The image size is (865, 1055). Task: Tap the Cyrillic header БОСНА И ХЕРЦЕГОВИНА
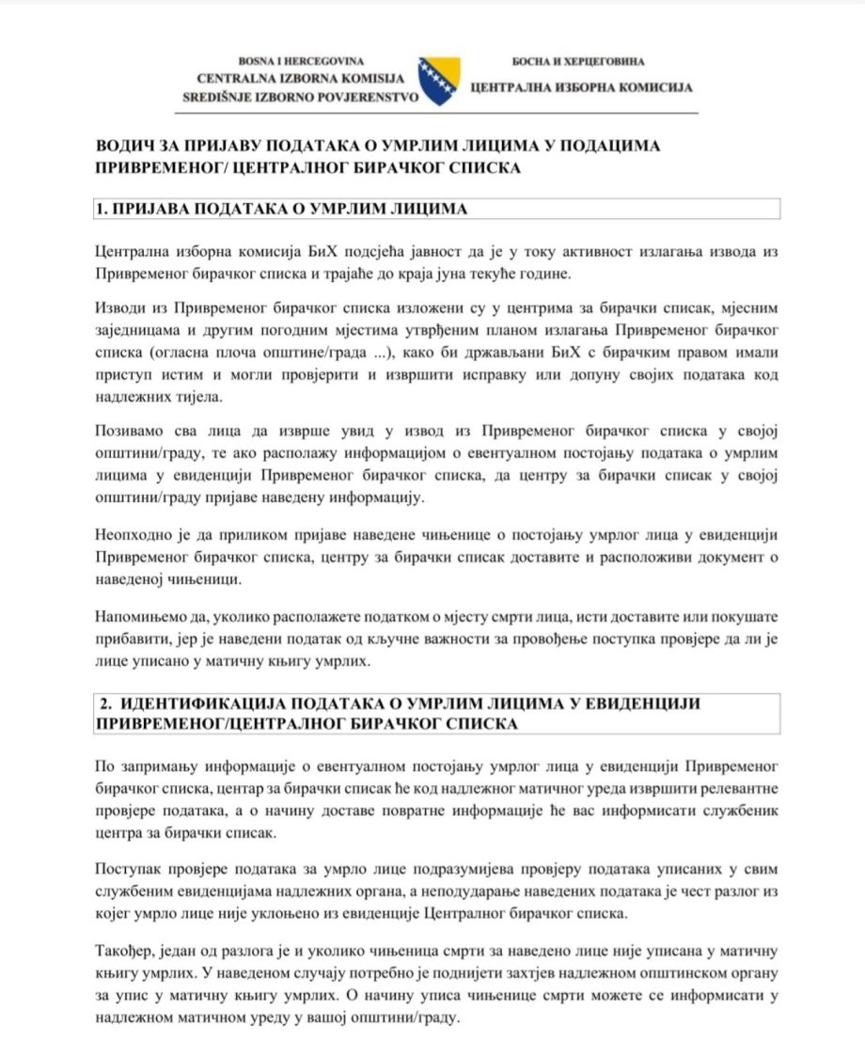(578, 61)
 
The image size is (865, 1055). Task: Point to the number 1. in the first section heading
(102, 209)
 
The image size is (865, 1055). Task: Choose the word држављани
(507, 352)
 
